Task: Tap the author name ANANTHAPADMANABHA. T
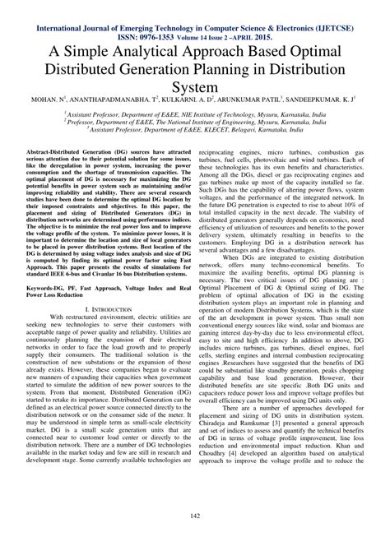tap(137, 97)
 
